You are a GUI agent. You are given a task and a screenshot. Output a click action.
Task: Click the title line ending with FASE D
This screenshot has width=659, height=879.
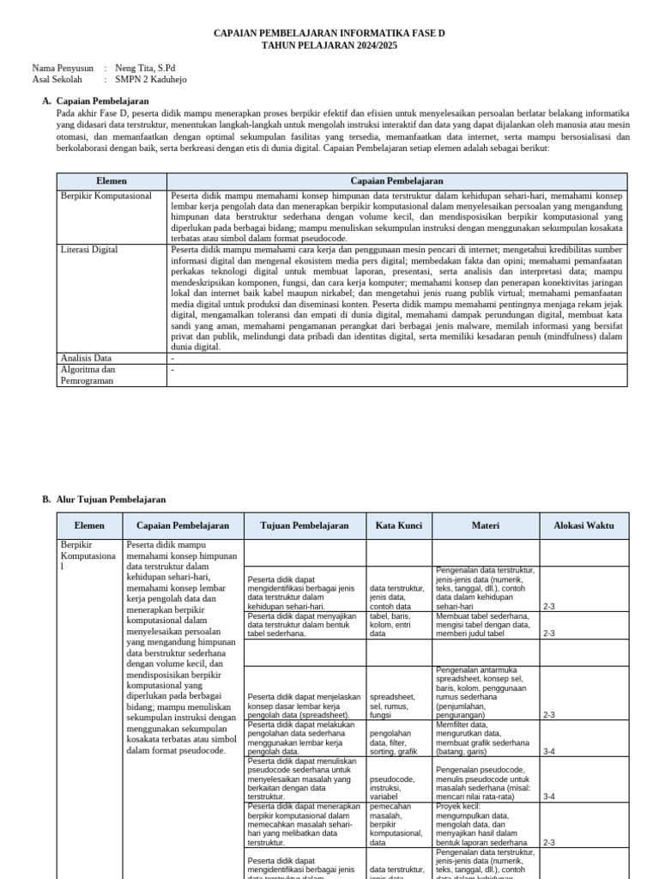[329, 33]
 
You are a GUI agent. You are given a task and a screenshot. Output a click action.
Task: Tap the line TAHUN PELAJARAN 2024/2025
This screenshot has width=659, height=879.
[329, 45]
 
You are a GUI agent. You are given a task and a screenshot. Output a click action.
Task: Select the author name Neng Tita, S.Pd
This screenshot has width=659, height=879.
[145, 68]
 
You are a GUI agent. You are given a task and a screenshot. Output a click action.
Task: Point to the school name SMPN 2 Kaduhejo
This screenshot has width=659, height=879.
[150, 80]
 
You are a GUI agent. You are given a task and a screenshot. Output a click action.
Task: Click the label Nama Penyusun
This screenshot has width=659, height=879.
[63, 68]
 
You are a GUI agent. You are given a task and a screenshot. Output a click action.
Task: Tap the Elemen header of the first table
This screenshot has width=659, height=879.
[112, 181]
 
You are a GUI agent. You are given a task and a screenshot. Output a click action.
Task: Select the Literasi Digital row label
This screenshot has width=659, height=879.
[89, 249]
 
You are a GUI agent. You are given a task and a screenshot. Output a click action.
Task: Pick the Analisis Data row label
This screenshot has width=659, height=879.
[86, 358]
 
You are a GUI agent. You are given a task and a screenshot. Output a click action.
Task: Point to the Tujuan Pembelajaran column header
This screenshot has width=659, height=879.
[305, 525]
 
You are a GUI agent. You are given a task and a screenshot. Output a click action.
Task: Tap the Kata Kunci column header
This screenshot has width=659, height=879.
[399, 525]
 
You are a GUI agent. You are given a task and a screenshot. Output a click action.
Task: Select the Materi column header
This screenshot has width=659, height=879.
[485, 525]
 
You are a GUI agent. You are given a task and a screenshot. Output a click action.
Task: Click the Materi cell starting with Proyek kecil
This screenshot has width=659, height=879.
[485, 825]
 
